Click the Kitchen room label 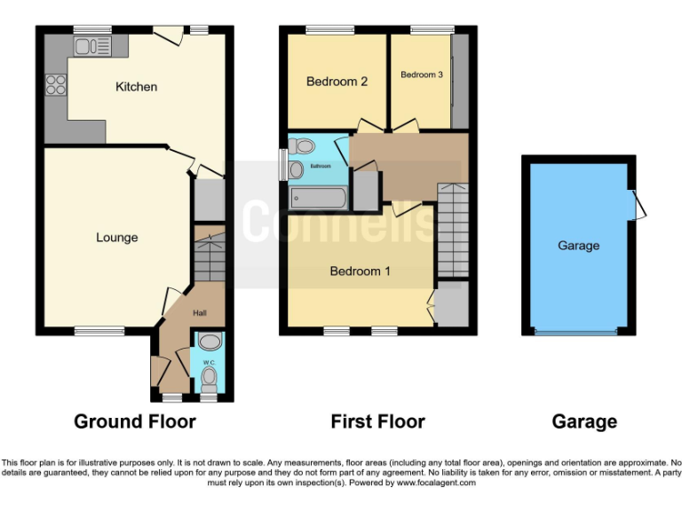coord(136,87)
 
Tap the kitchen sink coord(91,46)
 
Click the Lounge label coord(117,238)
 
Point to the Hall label coord(202,312)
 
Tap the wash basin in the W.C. coord(210,342)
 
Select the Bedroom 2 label coord(337,82)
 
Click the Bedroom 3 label coord(421,75)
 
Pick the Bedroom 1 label coord(360,271)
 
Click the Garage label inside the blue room coord(578,246)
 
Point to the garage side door coord(639,204)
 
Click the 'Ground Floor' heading coord(134,421)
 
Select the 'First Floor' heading coord(377,421)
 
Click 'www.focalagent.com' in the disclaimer coord(436,483)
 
